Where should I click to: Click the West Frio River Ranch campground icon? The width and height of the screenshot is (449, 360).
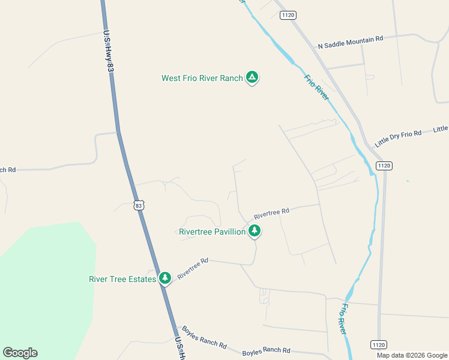tap(253, 77)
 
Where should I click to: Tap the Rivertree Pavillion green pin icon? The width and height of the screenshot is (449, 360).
tap(255, 230)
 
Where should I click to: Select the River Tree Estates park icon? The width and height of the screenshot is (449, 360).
tap(164, 278)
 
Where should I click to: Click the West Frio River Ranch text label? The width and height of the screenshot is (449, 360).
tap(202, 78)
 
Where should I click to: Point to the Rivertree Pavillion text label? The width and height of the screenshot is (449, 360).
tap(212, 232)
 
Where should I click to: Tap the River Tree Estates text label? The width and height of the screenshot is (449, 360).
tap(122, 279)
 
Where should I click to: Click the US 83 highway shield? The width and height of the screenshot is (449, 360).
tap(139, 205)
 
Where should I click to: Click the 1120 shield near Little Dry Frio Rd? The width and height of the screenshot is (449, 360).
tap(384, 165)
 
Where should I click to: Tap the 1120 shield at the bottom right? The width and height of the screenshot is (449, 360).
tap(378, 344)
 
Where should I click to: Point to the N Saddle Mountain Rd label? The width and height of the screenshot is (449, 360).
tap(350, 43)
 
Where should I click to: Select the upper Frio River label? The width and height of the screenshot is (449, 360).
tap(316, 88)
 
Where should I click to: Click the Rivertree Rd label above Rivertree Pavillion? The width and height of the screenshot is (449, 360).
tap(271, 213)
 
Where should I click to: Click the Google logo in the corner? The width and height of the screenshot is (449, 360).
tap(20, 353)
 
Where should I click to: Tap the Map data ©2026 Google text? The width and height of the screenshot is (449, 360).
tap(411, 355)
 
